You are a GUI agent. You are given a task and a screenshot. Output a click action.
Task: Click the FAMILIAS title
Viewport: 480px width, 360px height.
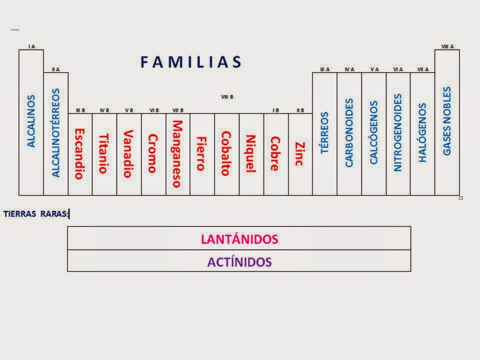point(190,62)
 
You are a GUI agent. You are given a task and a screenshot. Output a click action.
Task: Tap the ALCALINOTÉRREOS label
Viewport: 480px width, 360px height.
point(55,133)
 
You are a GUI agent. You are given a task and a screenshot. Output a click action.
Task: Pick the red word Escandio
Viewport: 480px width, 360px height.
point(79,153)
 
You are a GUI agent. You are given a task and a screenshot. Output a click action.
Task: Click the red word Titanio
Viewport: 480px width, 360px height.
point(103,153)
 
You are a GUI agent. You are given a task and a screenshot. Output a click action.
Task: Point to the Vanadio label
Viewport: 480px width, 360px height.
point(128,153)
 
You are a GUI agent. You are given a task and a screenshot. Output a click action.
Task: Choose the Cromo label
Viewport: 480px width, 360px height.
point(152,153)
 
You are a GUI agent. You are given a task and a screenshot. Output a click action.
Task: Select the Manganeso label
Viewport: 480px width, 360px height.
point(177,153)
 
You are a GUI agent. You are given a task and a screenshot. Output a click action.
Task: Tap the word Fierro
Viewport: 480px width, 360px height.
point(201,153)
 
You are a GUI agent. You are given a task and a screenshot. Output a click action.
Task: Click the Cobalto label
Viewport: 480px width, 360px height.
point(226,153)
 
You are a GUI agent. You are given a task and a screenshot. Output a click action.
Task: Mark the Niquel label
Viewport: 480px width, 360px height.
point(250,153)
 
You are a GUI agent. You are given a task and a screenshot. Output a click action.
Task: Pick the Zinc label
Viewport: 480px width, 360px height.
point(299,153)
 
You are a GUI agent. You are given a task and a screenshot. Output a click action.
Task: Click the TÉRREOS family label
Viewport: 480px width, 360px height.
point(325,132)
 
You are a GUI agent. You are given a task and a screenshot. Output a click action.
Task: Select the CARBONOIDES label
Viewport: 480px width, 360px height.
point(349,132)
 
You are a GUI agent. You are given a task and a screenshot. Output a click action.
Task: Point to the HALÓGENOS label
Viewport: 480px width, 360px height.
point(422,132)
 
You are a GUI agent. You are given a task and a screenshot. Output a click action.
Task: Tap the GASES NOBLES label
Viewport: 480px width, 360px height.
point(447,121)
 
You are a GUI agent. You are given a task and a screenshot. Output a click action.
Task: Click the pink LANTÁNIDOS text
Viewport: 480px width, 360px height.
point(239,238)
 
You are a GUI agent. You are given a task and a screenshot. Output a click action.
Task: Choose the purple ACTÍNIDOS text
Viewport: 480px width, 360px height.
point(239,261)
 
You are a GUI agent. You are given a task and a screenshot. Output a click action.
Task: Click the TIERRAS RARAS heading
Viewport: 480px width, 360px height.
point(35,214)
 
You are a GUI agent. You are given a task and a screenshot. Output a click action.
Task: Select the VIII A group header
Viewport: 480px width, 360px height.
point(447,46)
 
